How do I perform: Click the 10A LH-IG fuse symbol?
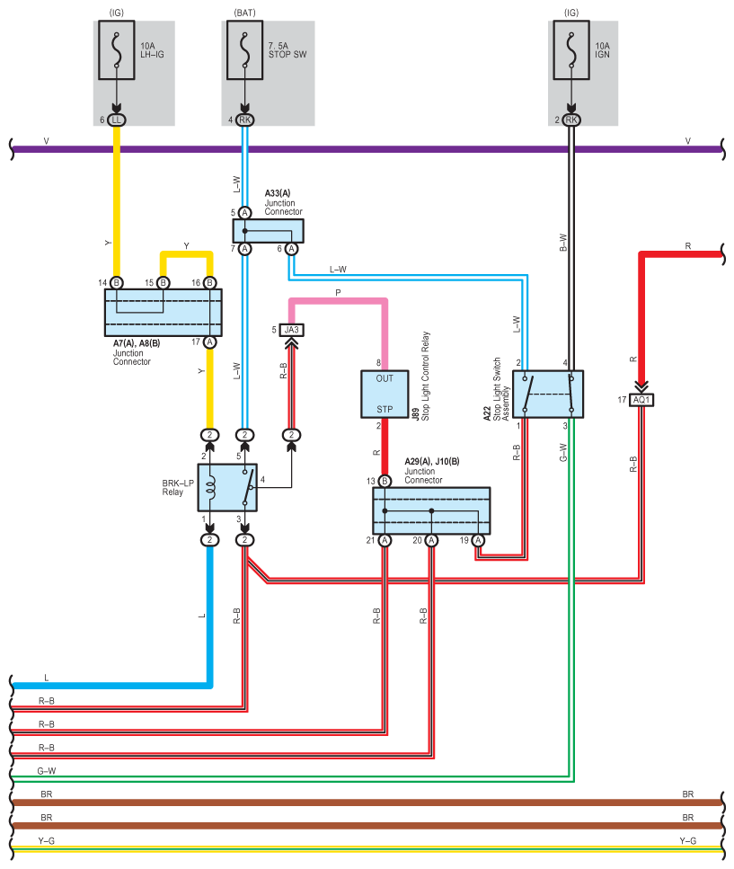point(116,50)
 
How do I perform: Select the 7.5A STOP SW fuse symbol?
point(245,50)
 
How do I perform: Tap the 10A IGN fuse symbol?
point(571,50)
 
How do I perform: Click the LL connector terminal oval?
point(116,120)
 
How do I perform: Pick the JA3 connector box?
point(291,330)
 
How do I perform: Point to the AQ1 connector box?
point(641,400)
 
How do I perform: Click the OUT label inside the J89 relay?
point(385,378)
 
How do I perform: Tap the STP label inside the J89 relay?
point(385,409)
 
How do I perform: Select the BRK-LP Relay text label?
point(178,488)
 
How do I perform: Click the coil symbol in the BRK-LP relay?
point(210,488)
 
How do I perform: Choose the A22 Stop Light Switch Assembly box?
point(548,394)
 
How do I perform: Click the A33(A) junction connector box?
point(268,231)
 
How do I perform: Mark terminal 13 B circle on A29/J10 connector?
point(385,481)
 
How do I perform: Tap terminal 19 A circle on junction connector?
point(478,540)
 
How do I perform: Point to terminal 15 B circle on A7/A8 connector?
point(163,283)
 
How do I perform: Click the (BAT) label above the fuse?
point(245,13)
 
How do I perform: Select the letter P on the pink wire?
point(338,293)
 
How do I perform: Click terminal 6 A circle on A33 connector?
point(291,249)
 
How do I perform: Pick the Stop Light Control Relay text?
point(426,376)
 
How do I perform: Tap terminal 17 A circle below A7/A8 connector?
point(209,342)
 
